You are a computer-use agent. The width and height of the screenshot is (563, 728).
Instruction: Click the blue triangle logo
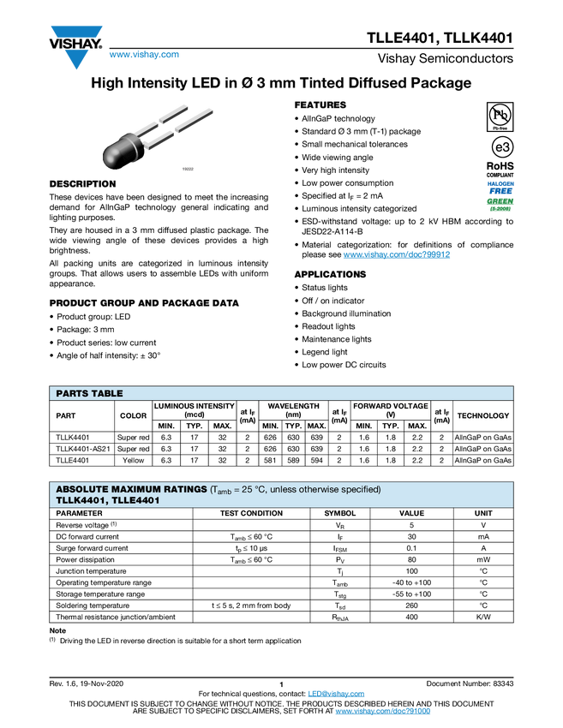(76, 60)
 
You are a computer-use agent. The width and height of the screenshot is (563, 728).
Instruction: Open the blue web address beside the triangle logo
(144, 55)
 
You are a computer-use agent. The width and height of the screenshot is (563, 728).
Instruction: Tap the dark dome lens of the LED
(115, 155)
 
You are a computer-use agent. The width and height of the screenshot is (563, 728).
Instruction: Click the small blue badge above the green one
(500, 186)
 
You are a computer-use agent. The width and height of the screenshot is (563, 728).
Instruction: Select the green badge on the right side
(500, 204)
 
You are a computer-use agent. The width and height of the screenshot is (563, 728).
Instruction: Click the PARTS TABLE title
(89, 393)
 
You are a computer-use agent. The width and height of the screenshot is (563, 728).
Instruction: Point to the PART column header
(66, 415)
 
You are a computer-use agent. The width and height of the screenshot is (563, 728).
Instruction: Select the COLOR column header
(133, 415)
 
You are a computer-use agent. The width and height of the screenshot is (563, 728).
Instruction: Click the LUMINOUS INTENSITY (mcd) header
(194, 410)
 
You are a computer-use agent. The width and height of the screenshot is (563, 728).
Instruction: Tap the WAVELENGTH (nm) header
(293, 410)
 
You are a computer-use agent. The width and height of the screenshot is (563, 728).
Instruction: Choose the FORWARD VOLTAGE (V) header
(390, 410)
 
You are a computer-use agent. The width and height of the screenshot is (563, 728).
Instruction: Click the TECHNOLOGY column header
(482, 415)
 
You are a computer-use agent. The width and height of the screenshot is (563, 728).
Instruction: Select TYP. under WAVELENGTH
(293, 426)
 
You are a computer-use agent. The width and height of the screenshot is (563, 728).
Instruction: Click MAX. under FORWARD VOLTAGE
(416, 426)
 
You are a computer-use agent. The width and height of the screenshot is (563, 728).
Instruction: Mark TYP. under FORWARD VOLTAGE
(390, 426)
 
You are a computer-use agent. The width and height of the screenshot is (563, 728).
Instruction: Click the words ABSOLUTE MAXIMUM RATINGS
(131, 489)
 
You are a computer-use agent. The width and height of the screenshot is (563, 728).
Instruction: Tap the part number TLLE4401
(135, 500)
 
